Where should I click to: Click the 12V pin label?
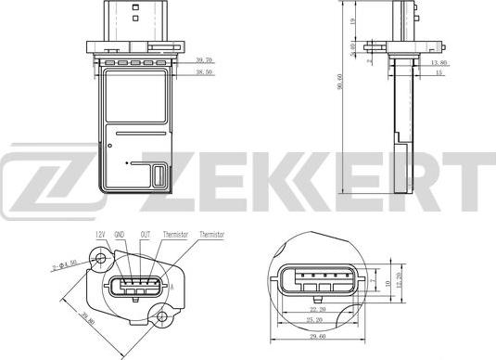click(x=100, y=235)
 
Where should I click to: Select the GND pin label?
click(x=120, y=235)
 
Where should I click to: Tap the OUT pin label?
click(x=146, y=235)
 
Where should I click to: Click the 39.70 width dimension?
click(x=203, y=59)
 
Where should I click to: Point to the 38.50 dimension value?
click(x=203, y=71)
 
